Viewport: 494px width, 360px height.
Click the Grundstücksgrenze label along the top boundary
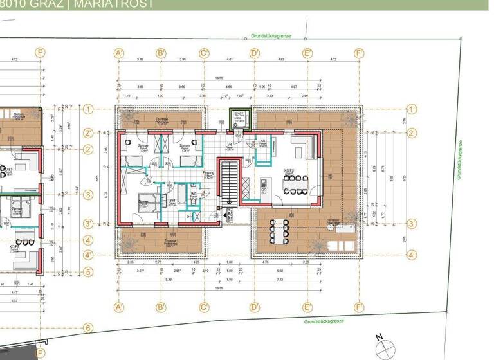pyautogui.click(x=271, y=36)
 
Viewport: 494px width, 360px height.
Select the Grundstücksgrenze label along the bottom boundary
pyautogui.click(x=324, y=320)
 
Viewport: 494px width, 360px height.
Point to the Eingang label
pyautogui.click(x=208, y=174)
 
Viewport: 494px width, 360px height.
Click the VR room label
pyautogui.click(x=228, y=145)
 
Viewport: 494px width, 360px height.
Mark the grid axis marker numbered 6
pyautogui.click(x=88, y=328)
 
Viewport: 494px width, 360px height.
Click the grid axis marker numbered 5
pyautogui.click(x=88, y=272)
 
